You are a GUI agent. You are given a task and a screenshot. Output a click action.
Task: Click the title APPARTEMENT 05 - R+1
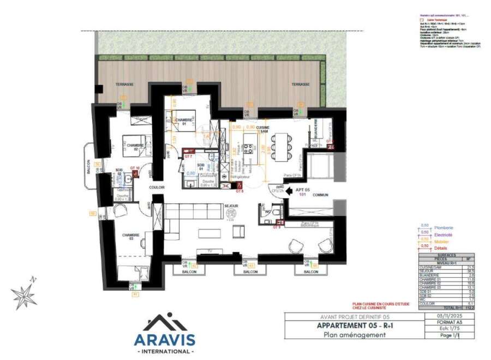pyautogui.click(x=350, y=326)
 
